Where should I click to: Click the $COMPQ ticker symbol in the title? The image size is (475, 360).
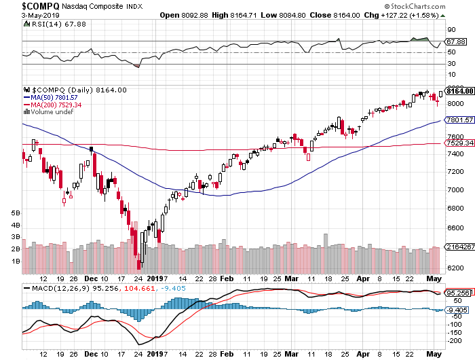(x=21, y=5)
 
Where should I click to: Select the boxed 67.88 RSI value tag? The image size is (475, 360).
(x=456, y=41)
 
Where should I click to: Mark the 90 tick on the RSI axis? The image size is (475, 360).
(x=450, y=30)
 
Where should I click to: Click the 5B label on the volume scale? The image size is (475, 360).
(x=15, y=213)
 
